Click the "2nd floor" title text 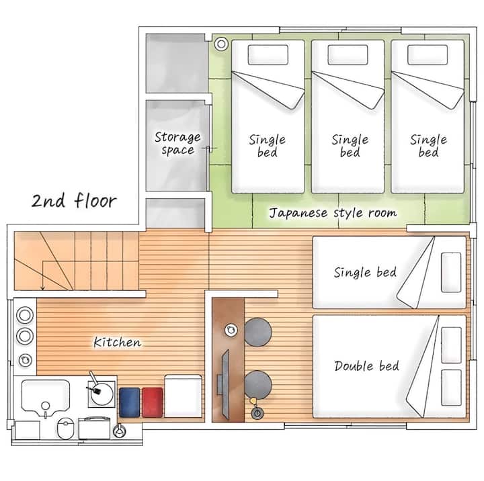(74, 201)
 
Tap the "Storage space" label (177, 144)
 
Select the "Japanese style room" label (333, 213)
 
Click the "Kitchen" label (117, 342)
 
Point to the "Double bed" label (367, 366)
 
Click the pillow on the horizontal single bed (451, 273)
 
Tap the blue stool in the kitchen (129, 402)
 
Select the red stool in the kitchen (152, 402)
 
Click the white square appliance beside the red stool (183, 396)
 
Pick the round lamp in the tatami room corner (221, 44)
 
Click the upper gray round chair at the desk (258, 332)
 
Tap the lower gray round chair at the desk (258, 384)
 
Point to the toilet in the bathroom (65, 428)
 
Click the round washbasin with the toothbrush (102, 394)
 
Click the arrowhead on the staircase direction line (43, 288)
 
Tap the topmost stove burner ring (25, 315)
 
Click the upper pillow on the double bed (451, 345)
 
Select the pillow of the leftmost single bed (268, 55)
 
